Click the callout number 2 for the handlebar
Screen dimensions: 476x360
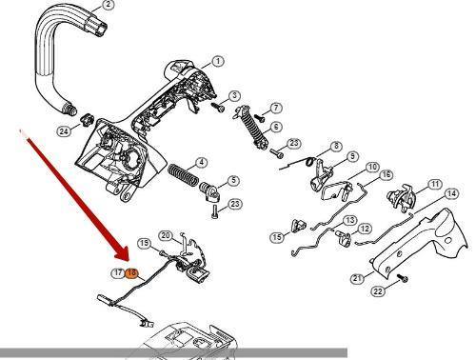pyautogui.click(x=109, y=5)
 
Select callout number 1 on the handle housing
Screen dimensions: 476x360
pyautogui.click(x=218, y=61)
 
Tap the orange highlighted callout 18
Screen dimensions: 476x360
pyautogui.click(x=131, y=272)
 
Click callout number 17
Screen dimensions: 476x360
pyautogui.click(x=118, y=272)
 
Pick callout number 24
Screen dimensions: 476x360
pyautogui.click(x=64, y=131)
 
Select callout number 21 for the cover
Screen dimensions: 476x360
pyautogui.click(x=358, y=278)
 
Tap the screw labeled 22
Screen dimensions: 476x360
pyautogui.click(x=404, y=279)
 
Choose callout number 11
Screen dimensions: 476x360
pyautogui.click(x=435, y=184)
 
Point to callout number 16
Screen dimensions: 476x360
pyautogui.click(x=386, y=174)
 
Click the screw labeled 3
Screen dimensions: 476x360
pyautogui.click(x=218, y=107)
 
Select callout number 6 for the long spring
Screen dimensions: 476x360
pyautogui.click(x=276, y=127)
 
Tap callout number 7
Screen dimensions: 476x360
pyautogui.click(x=276, y=108)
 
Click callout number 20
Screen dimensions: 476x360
pyautogui.click(x=166, y=236)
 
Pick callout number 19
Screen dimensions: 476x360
pyautogui.click(x=145, y=243)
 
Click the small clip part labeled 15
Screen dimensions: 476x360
pyautogui.click(x=298, y=225)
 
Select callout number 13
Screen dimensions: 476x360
pyautogui.click(x=350, y=220)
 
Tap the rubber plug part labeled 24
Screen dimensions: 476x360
pyautogui.click(x=87, y=120)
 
